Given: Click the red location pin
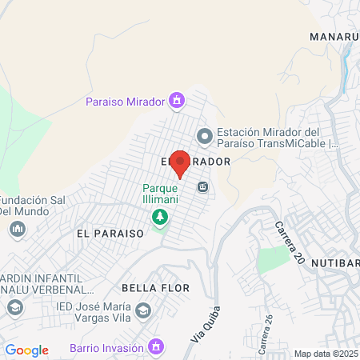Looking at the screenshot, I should click(180, 162).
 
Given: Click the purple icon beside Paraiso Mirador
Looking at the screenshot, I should click(177, 101).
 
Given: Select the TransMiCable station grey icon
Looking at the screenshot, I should click(205, 137).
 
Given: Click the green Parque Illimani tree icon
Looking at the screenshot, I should click(161, 217).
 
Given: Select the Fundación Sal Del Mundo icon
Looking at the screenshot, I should click(17, 230).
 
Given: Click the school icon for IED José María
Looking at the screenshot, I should click(142, 310).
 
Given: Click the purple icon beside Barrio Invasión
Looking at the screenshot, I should click(158, 347).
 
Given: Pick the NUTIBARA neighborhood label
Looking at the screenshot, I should click(334, 262).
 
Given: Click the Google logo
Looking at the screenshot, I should click(26, 350).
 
